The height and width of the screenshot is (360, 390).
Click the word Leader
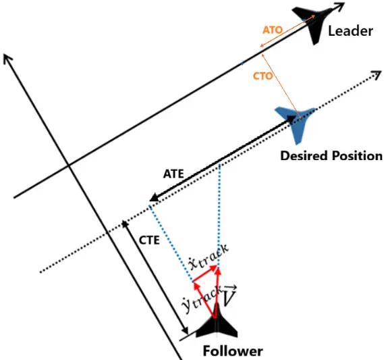tap(351, 32)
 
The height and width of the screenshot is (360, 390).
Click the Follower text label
tap(232, 351)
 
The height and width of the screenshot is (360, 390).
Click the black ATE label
tap(174, 174)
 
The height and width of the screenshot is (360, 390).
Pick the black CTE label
tap(150, 240)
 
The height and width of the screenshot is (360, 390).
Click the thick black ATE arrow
tap(223, 159)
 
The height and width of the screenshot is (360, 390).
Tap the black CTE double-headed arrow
tap(155, 278)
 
